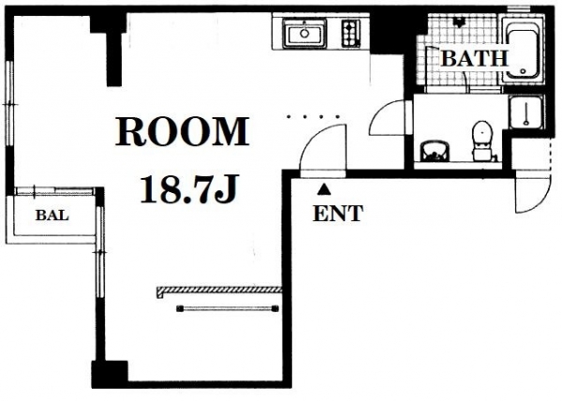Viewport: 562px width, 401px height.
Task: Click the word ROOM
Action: (x=182, y=131)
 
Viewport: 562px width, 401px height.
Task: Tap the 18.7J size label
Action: (x=189, y=189)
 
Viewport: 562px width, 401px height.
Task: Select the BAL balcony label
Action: (x=52, y=215)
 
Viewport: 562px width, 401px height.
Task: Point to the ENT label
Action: (x=338, y=214)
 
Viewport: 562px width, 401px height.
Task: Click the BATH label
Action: (x=475, y=58)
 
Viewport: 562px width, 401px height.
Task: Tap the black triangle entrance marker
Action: (x=324, y=189)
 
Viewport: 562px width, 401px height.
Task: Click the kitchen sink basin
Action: (x=304, y=34)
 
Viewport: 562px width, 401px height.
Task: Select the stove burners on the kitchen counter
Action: (x=350, y=34)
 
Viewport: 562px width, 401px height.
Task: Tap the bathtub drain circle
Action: (x=524, y=71)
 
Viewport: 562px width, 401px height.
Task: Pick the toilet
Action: (x=481, y=141)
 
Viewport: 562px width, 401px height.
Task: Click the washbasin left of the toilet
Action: (x=435, y=150)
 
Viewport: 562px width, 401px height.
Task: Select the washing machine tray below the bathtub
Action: (x=525, y=111)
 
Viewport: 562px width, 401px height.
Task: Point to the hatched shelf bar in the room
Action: (x=219, y=290)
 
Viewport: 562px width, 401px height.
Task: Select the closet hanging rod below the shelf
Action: (x=228, y=308)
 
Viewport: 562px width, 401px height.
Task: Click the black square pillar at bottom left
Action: (x=110, y=374)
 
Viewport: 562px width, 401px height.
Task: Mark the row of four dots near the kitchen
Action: (x=313, y=116)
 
